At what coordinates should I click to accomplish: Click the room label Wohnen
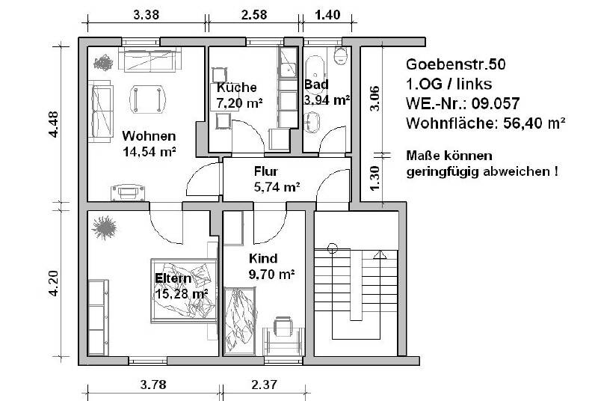click(149, 136)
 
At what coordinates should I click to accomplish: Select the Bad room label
click(316, 84)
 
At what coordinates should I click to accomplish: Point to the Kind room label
click(262, 258)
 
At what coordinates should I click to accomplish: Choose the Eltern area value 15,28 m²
click(180, 294)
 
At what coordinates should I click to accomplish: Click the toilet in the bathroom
click(341, 55)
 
